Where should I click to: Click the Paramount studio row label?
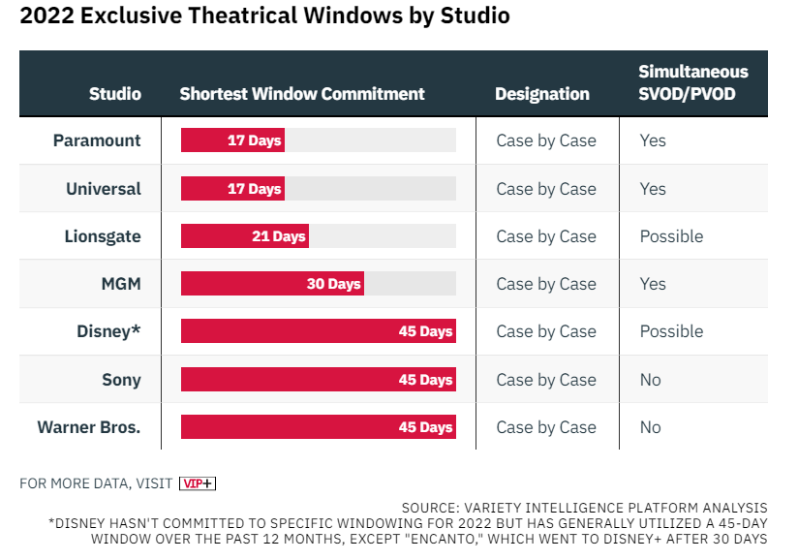[x=97, y=140]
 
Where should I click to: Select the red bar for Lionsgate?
[x=245, y=236]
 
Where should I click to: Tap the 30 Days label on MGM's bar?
[x=333, y=284]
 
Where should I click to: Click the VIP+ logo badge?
[x=198, y=483]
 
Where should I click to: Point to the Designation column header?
[x=542, y=94]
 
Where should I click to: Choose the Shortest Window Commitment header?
[x=302, y=94]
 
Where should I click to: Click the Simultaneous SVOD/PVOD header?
[x=693, y=82]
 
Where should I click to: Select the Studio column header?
[x=115, y=94]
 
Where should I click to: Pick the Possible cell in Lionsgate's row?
[x=671, y=236]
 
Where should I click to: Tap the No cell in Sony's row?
[x=651, y=380]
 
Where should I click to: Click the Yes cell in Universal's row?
[x=653, y=189]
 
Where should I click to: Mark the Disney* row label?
[x=108, y=331]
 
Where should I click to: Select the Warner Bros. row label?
[x=89, y=427]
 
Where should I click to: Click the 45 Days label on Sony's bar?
[x=425, y=380]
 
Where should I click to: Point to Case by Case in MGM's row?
[x=546, y=284]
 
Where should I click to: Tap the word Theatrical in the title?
[x=242, y=16]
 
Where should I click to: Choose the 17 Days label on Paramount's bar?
[x=254, y=140]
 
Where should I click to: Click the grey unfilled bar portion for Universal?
[x=371, y=188]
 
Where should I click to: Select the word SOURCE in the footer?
[x=430, y=508]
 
